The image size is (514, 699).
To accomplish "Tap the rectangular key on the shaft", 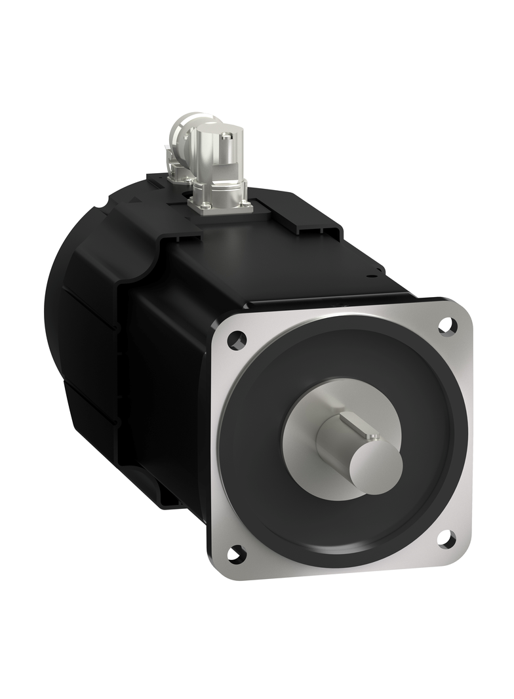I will click(x=359, y=427).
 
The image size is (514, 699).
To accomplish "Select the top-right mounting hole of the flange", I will click(x=447, y=325).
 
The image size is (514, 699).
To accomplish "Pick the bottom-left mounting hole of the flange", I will click(x=235, y=553).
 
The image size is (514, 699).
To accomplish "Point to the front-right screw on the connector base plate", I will click(x=248, y=207).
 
